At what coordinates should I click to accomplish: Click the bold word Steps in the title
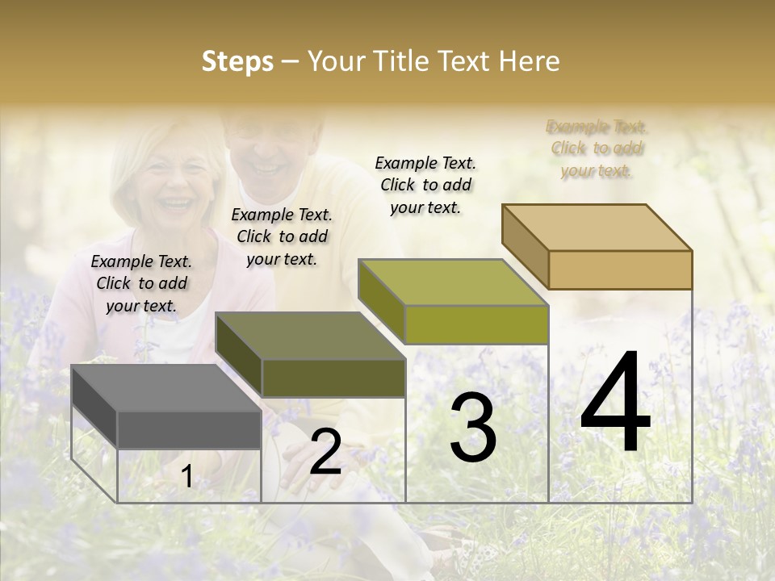pos(237,61)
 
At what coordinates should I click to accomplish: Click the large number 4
pos(616,403)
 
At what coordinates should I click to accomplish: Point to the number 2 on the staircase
pos(325,453)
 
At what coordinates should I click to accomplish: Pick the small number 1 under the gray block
pos(186,478)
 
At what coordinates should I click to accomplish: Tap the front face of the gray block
pos(189,429)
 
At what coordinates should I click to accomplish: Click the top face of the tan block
pos(597,227)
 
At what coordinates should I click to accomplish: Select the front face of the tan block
pos(620,270)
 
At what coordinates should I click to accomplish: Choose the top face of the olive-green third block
pos(453,282)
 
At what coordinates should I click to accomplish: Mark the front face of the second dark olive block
pos(333,378)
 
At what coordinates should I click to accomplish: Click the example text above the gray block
pos(141,283)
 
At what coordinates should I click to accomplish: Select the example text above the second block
pos(282,236)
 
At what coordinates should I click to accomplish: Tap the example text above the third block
pos(425,185)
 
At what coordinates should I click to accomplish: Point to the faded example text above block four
pos(597,148)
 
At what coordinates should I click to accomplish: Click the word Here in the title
pos(530,61)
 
